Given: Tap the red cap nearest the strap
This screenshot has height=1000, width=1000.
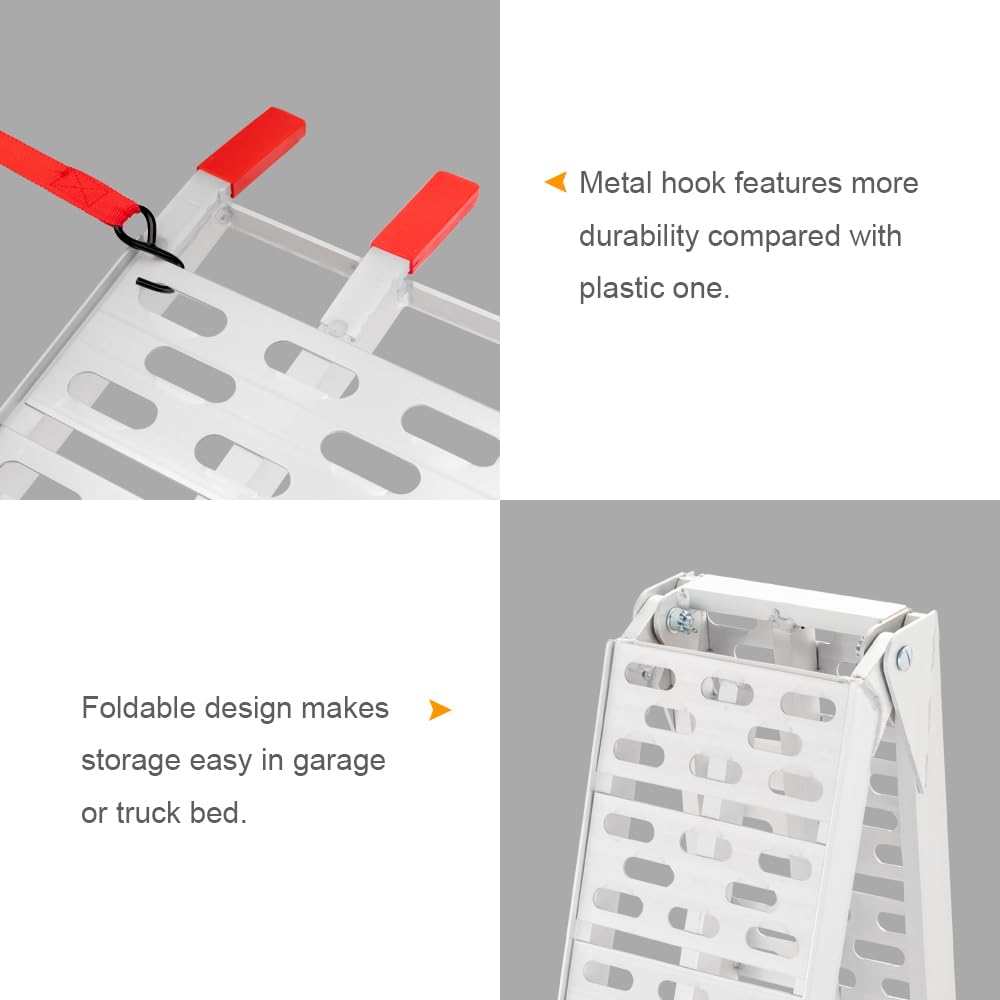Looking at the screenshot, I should (251, 150).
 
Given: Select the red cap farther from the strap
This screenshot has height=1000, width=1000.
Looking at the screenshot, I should (425, 221).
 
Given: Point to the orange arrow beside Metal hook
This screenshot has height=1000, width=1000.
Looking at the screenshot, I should (555, 182).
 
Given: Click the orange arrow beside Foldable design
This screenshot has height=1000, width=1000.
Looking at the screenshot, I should (439, 710).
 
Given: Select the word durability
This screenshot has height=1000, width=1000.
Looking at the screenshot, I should (638, 236).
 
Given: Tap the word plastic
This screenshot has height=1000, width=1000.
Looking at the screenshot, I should (620, 288).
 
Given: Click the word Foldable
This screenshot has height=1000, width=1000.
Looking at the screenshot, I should (137, 708).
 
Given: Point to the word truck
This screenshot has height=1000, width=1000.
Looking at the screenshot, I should (148, 813).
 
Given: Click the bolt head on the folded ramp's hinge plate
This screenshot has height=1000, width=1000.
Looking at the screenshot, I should (904, 657).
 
